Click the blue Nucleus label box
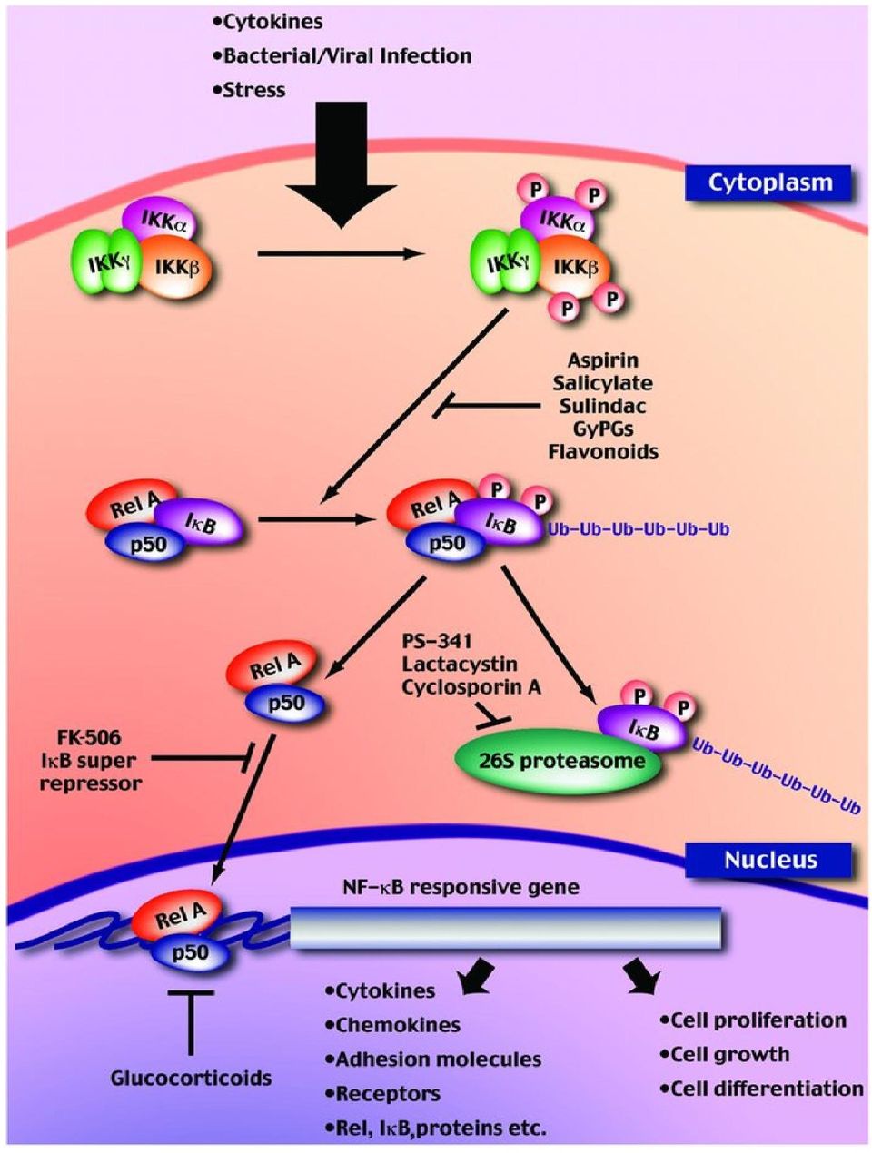click(770, 860)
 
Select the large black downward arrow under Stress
click(342, 165)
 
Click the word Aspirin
click(603, 360)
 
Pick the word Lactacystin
click(460, 664)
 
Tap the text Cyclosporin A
click(471, 687)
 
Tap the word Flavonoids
click(603, 451)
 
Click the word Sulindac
click(602, 406)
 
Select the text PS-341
click(437, 640)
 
